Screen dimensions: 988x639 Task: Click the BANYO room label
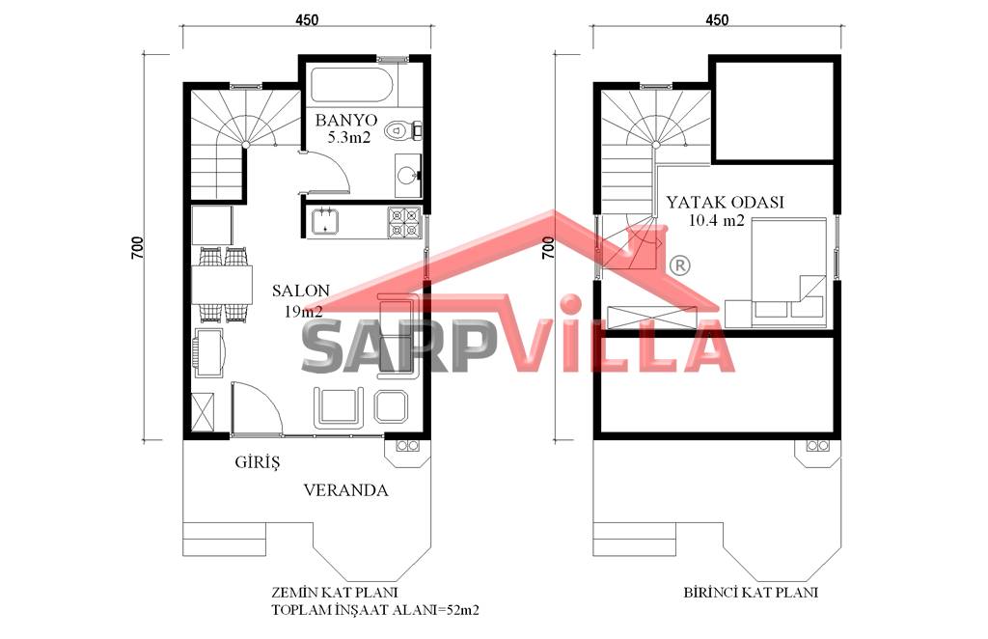(346, 119)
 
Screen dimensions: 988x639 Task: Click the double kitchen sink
(325, 221)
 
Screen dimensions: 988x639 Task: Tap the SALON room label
(301, 291)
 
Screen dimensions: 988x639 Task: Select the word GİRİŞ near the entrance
(257, 462)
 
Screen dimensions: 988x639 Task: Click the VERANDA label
(346, 489)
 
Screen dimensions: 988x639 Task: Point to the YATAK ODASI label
(726, 203)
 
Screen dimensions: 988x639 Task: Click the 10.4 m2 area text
(717, 221)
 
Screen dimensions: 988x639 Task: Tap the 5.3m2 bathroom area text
(349, 137)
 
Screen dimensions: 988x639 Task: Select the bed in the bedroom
(788, 272)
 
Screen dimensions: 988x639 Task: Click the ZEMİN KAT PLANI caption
(335, 593)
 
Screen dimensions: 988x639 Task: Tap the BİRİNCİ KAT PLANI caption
(751, 593)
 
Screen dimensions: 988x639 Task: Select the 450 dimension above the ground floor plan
(307, 19)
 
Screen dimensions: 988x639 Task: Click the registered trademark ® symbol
(680, 265)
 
